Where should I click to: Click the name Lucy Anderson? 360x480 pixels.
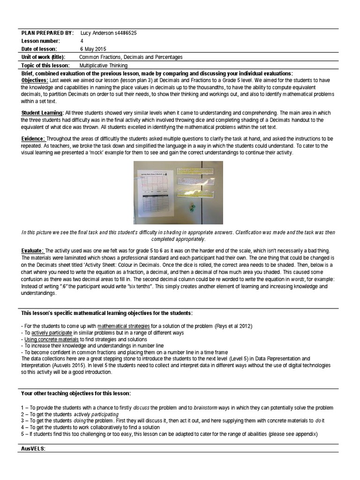(x=97, y=33)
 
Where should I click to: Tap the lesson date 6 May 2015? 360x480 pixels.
(x=94, y=49)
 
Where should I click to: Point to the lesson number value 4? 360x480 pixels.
(x=82, y=41)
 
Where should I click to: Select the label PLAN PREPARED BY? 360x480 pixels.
(x=47, y=33)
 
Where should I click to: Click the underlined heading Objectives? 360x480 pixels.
(x=35, y=81)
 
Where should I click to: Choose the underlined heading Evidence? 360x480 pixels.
(x=33, y=139)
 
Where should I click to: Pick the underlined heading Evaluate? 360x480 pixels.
(x=33, y=250)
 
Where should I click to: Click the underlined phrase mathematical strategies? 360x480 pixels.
(x=124, y=326)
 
